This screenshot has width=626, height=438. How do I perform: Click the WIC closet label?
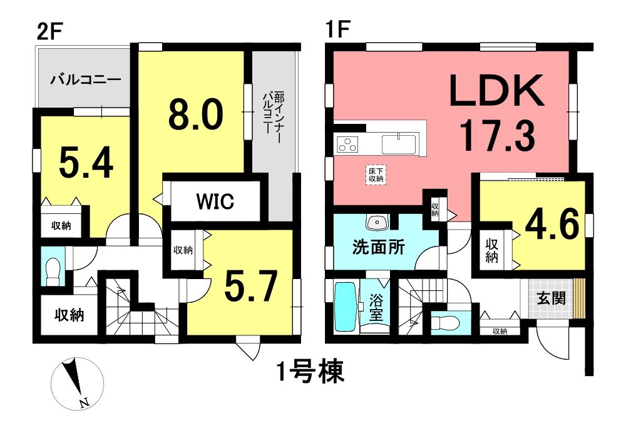215,201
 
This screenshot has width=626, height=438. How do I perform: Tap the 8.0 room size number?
195,115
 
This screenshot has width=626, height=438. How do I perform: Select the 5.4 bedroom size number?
86,163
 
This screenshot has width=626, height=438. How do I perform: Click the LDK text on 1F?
496,91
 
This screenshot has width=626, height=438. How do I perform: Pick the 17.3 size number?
497,136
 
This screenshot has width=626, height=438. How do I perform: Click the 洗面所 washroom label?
378,247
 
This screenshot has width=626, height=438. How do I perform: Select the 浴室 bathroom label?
376,307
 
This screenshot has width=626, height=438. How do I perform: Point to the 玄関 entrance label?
551,298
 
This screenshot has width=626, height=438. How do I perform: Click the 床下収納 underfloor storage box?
376,175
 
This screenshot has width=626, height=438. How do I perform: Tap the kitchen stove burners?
347,144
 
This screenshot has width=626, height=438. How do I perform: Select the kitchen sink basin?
399,144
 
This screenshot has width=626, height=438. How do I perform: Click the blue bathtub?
345,307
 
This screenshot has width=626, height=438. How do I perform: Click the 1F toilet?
446,322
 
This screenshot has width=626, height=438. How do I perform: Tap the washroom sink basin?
377,223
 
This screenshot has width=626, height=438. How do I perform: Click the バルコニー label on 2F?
85,80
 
